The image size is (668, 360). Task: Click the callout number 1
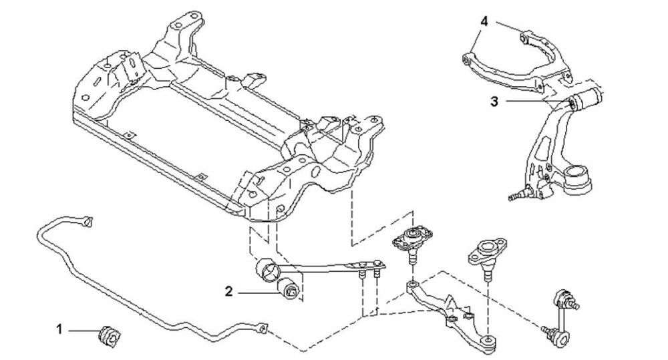click(x=59, y=329)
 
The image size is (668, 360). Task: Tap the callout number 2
click(x=229, y=292)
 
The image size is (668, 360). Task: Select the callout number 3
click(x=494, y=102)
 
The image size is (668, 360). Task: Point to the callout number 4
click(x=484, y=21)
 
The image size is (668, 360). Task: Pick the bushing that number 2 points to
click(x=290, y=289)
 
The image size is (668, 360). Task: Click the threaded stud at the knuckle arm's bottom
click(x=516, y=196)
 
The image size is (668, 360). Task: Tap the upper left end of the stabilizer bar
click(x=88, y=222)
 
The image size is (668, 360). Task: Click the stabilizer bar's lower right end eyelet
click(x=263, y=328)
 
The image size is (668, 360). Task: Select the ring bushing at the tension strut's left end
click(x=267, y=270)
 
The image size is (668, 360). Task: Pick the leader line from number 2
click(x=259, y=293)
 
